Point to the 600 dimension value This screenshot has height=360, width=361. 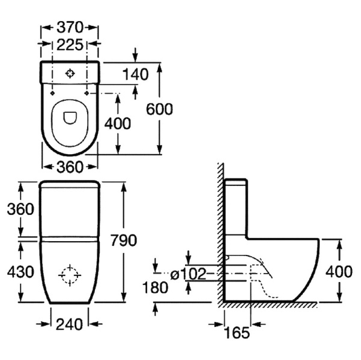pos(159,109)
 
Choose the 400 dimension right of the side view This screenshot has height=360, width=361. pos(339,271)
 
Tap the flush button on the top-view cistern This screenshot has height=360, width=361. pos(71,74)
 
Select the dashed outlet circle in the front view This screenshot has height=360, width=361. pos(70,275)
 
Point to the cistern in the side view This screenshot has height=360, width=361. pos(236,207)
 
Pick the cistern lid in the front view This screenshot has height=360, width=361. pos(69,183)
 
